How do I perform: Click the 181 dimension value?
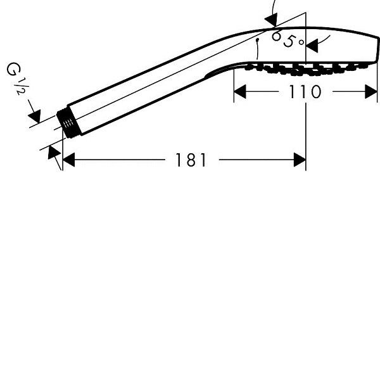pos(191,160)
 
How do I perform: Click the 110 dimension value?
pos(305,92)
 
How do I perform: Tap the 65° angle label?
pos(288,39)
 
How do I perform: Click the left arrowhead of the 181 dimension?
pos(68,160)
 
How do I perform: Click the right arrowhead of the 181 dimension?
pos(300,160)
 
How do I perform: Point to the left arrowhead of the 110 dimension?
pos(240,92)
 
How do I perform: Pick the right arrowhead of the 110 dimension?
pos(371,92)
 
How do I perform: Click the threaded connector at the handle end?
pos(69,124)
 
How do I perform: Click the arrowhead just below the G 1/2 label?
pos(35,116)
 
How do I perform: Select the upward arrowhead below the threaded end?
pos(54,152)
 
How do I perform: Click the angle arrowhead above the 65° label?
pos(271,20)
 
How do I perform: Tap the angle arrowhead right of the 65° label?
pos(312,46)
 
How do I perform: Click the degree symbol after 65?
pos(301,42)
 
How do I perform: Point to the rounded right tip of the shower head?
pos(377,49)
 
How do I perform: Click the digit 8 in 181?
pos(191,160)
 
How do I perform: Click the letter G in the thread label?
pos(13,69)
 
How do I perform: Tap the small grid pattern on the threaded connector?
pos(68,123)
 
